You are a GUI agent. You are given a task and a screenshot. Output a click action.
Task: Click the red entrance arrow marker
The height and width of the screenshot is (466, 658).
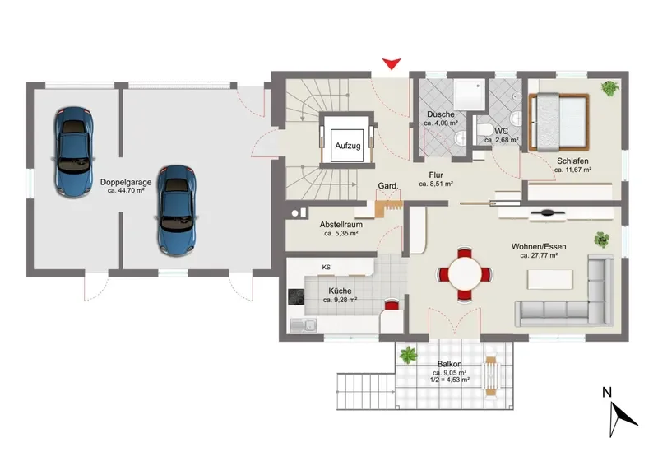click(392, 63)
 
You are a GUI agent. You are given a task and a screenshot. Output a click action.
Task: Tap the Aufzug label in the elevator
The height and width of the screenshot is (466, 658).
click(347, 146)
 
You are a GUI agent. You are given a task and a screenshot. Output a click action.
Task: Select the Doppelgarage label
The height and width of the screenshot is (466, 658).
click(126, 183)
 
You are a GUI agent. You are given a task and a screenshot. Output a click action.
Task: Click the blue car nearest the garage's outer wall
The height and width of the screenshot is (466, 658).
click(73, 152)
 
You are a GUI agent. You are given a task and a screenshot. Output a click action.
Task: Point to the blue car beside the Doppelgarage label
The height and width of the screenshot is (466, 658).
click(177, 211)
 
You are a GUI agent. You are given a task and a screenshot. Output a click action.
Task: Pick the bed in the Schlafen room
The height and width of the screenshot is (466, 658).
click(559, 122)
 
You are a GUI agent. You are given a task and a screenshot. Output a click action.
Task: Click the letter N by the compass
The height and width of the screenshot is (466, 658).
click(607, 392)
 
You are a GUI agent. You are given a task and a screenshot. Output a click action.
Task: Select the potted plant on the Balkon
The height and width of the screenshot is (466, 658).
click(408, 356)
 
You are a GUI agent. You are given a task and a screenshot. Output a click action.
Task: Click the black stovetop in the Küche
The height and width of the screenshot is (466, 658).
click(296, 296)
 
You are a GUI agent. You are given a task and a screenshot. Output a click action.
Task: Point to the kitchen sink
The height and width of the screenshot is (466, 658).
click(304, 325)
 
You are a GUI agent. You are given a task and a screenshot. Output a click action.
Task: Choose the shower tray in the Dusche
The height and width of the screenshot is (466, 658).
click(469, 95)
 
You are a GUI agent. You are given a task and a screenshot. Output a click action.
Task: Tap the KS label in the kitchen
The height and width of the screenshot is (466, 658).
click(326, 268)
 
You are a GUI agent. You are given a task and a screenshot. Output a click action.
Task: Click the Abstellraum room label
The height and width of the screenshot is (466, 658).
click(341, 225)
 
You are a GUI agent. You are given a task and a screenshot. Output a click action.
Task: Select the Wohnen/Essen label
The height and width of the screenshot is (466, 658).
click(539, 247)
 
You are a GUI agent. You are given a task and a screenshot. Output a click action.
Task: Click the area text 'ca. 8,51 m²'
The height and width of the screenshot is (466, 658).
click(436, 184)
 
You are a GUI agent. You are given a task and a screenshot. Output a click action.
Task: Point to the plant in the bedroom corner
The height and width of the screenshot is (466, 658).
click(609, 88)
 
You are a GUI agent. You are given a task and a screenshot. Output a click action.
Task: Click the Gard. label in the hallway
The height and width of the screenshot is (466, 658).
click(387, 186)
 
